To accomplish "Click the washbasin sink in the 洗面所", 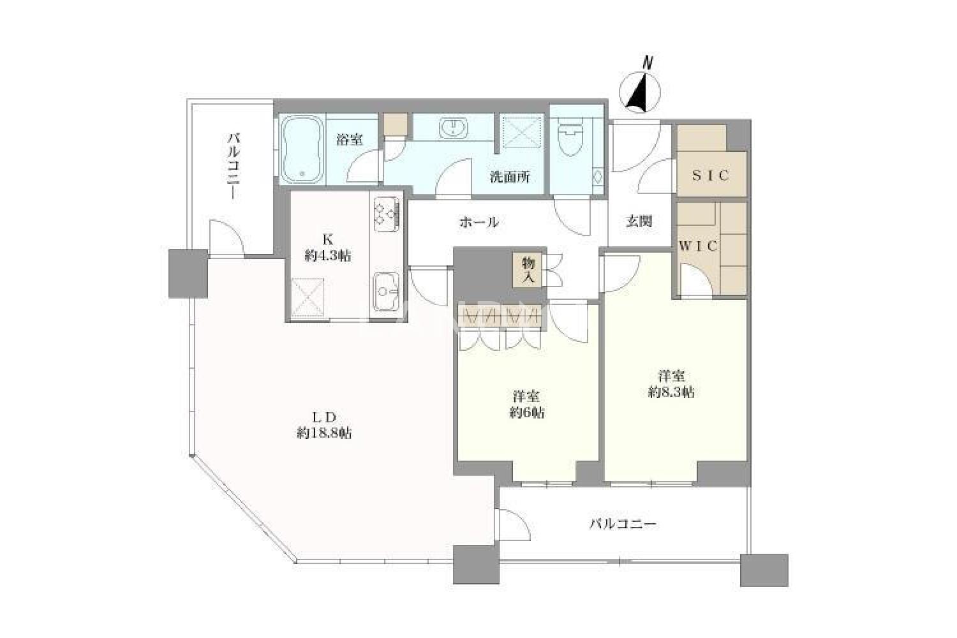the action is pyautogui.click(x=454, y=128).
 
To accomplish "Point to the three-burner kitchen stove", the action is pyautogui.click(x=386, y=214).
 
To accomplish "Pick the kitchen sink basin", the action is pyautogui.click(x=386, y=292).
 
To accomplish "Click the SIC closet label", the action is pyautogui.click(x=710, y=175).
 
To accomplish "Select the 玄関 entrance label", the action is pyautogui.click(x=639, y=221).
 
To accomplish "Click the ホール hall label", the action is pyautogui.click(x=479, y=222).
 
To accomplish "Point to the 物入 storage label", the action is pyautogui.click(x=528, y=270).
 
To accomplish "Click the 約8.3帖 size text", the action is pyautogui.click(x=671, y=392).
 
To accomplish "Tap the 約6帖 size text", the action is pyautogui.click(x=527, y=413).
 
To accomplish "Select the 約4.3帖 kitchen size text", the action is pyautogui.click(x=328, y=256).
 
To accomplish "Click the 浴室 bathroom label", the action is pyautogui.click(x=350, y=139).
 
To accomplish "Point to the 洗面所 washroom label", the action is pyautogui.click(x=510, y=177).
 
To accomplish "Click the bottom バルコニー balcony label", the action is pyautogui.click(x=623, y=524).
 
